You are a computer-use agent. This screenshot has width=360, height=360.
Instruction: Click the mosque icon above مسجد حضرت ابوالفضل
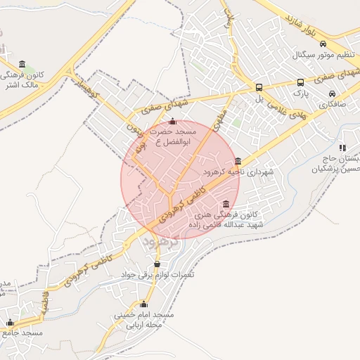click(172, 122)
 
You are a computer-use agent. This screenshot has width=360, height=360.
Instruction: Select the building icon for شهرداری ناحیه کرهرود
click(238, 161)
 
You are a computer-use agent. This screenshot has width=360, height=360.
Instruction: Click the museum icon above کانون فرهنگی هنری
click(225, 204)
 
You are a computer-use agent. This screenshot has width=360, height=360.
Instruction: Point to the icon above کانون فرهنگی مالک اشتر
click(22, 64)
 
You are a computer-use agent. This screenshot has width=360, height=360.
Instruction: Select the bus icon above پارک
click(301, 82)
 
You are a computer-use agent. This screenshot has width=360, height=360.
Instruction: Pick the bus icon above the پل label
click(259, 88)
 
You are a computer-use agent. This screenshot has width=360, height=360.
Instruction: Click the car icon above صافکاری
click(332, 94)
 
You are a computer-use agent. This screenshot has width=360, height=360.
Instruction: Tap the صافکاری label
click(333, 104)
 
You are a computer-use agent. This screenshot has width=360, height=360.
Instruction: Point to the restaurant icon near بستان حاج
click(342, 148)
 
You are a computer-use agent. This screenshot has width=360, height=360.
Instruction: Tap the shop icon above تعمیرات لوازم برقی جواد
click(156, 264)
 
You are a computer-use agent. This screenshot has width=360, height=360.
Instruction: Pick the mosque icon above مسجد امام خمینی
click(144, 304)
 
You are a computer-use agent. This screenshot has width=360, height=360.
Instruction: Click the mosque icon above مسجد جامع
click(10, 323)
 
